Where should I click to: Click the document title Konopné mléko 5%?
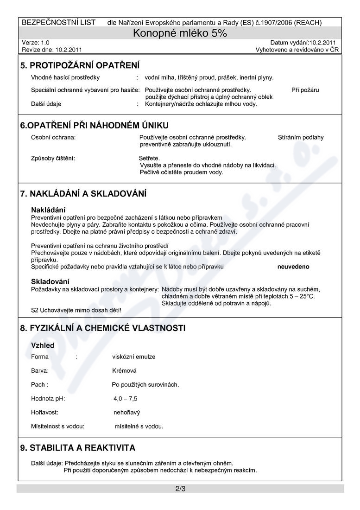[180, 33]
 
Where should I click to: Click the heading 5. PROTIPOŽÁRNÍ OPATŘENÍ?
[80, 65]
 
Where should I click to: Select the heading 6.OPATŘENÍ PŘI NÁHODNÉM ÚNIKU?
[94, 125]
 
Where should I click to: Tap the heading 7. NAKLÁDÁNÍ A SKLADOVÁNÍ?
[83, 193]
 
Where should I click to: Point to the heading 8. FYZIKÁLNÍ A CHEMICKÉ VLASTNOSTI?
[103, 328]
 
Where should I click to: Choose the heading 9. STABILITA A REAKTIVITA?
[78, 448]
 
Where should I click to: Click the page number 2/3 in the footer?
[180, 489]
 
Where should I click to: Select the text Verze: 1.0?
[36, 42]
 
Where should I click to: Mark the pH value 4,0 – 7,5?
[125, 398]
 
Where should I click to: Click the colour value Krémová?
[124, 370]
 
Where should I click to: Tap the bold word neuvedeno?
[293, 267]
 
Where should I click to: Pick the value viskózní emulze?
[134, 357]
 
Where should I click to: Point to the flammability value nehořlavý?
[126, 412]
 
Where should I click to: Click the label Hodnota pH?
[48, 398]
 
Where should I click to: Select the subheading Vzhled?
[43, 345]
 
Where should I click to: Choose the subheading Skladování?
[50, 281]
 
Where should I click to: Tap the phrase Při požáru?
[305, 90]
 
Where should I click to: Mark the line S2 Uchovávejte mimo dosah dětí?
[76, 310]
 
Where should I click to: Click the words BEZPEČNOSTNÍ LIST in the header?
[59, 22]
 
